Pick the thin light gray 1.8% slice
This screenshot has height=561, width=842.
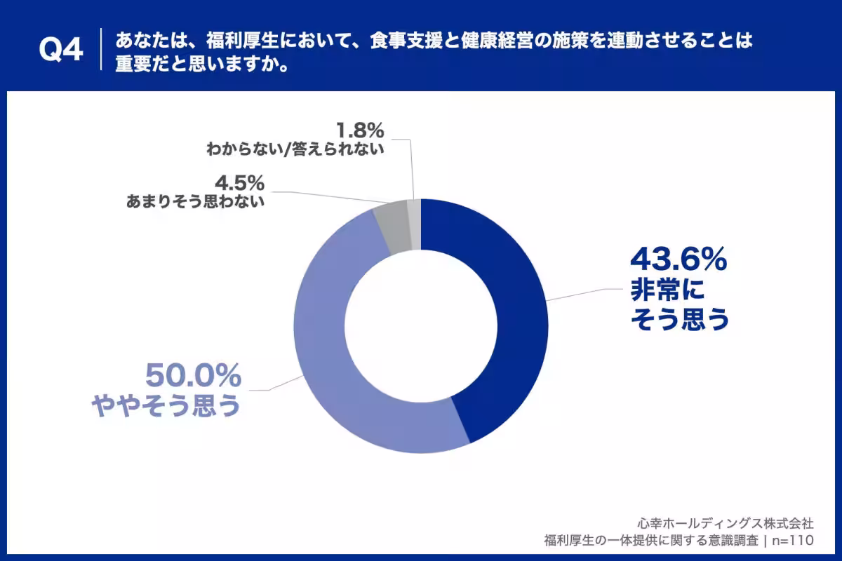415,224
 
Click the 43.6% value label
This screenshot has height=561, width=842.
679,259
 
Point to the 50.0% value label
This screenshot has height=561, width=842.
193,375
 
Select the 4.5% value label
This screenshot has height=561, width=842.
239,183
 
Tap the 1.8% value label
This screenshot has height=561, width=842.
360,130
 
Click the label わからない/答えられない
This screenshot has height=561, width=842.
295,149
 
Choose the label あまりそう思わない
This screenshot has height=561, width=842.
195,201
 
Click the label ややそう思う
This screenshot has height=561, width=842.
166,405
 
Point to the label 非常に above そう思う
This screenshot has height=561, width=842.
667,290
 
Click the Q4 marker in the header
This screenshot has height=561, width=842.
61,49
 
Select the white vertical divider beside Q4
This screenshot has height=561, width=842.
101,49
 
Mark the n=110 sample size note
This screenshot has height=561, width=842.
793,541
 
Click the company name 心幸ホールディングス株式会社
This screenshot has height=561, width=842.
726,523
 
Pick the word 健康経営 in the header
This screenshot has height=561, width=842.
497,41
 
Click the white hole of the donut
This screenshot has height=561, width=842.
421,326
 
